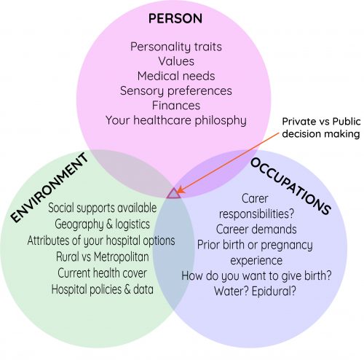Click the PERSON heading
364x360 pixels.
tap(175, 18)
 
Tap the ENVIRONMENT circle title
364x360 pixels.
tap(50, 187)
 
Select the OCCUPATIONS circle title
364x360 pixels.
tap(290, 186)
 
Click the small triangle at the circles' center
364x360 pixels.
tap(174, 193)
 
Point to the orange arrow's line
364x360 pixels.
tap(229, 163)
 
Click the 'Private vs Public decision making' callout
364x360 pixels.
tap(321, 128)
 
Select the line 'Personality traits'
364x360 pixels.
tap(176, 47)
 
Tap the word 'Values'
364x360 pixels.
tap(176, 61)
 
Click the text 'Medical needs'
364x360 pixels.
tap(176, 76)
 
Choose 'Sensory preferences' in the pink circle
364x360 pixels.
tap(176, 91)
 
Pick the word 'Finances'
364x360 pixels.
tap(176, 106)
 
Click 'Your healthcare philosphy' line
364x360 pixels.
tap(176, 120)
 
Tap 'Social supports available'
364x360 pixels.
tap(103, 208)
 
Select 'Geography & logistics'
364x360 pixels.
tap(102, 224)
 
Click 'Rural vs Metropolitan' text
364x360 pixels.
tap(103, 257)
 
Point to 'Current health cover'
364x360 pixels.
tap(102, 273)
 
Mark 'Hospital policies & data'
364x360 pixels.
tap(103, 289)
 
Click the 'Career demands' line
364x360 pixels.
tap(256, 230)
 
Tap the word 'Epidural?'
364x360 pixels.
tap(274, 291)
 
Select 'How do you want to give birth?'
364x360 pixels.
tap(256, 275)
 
